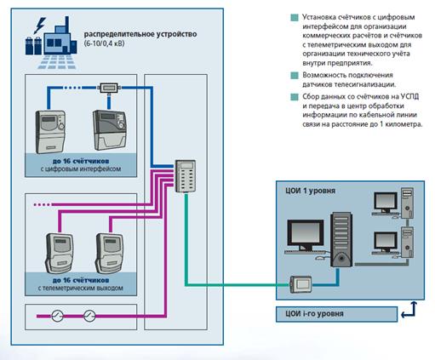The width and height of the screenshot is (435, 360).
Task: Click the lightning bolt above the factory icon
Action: coord(40,26)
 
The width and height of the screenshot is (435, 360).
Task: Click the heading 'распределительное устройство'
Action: coord(140,34)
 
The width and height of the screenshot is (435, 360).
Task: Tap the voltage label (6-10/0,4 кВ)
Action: coord(104,43)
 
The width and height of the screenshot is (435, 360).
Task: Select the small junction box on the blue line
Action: coord(109,88)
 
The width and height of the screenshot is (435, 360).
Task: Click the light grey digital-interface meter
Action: coord(50,132)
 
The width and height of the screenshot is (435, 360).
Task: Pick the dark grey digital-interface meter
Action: coord(110,130)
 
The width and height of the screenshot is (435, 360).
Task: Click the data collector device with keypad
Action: coord(186,176)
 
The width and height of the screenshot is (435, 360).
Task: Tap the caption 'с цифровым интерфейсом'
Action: coord(81,169)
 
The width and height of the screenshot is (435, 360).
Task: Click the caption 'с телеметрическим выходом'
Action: coord(81,289)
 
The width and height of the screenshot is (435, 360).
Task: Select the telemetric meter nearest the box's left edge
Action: coord(60,253)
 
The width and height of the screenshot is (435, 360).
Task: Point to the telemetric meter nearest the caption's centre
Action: coord(109,253)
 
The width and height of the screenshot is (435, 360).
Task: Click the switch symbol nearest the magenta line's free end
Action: coord(57,316)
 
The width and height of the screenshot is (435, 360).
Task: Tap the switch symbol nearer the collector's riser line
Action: coord(89,316)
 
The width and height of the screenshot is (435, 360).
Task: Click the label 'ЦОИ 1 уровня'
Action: coord(310,191)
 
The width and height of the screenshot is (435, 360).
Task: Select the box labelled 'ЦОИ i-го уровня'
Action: coord(336,314)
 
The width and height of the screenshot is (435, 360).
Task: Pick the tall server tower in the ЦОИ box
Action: coord(341,240)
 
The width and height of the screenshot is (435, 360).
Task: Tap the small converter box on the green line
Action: coord(300,284)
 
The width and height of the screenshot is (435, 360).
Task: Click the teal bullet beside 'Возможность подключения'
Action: coord(295,76)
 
